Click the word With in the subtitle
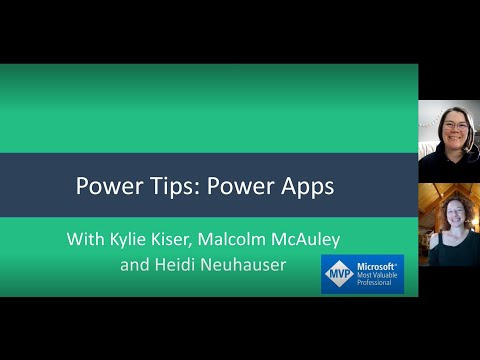click(x=87, y=240)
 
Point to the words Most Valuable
click(x=379, y=275)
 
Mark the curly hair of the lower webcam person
click(x=432, y=212)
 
